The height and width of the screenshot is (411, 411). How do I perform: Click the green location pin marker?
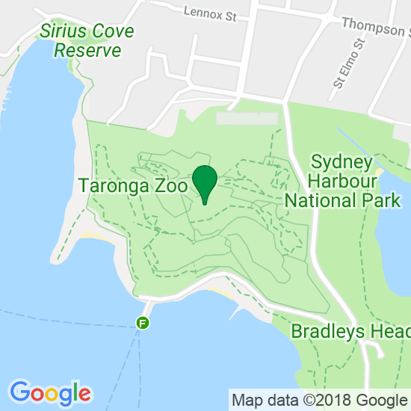tap(205, 181)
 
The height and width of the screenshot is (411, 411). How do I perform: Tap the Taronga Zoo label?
tap(131, 185)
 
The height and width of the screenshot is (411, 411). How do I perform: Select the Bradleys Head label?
tap(350, 331)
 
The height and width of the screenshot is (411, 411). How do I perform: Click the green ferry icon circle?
tap(142, 323)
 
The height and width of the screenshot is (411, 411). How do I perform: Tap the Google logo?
tap(50, 392)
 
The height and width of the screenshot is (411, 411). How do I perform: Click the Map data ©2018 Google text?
tap(320, 400)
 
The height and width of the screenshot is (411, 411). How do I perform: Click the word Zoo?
tap(169, 185)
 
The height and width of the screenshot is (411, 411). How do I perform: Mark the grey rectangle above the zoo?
tap(247, 118)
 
